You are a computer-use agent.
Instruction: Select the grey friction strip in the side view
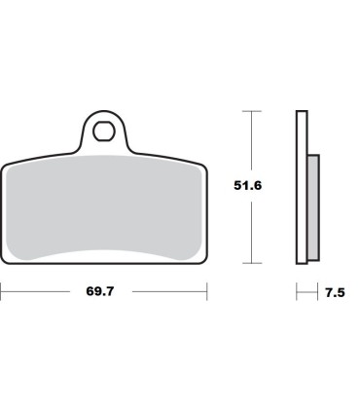pyautogui.click(x=312, y=208)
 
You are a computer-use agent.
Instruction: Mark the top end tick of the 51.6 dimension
pyautogui.click(x=253, y=112)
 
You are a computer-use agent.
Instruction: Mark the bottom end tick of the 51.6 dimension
pyautogui.click(x=253, y=263)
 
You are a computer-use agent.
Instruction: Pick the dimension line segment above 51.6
pyautogui.click(x=253, y=141)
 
